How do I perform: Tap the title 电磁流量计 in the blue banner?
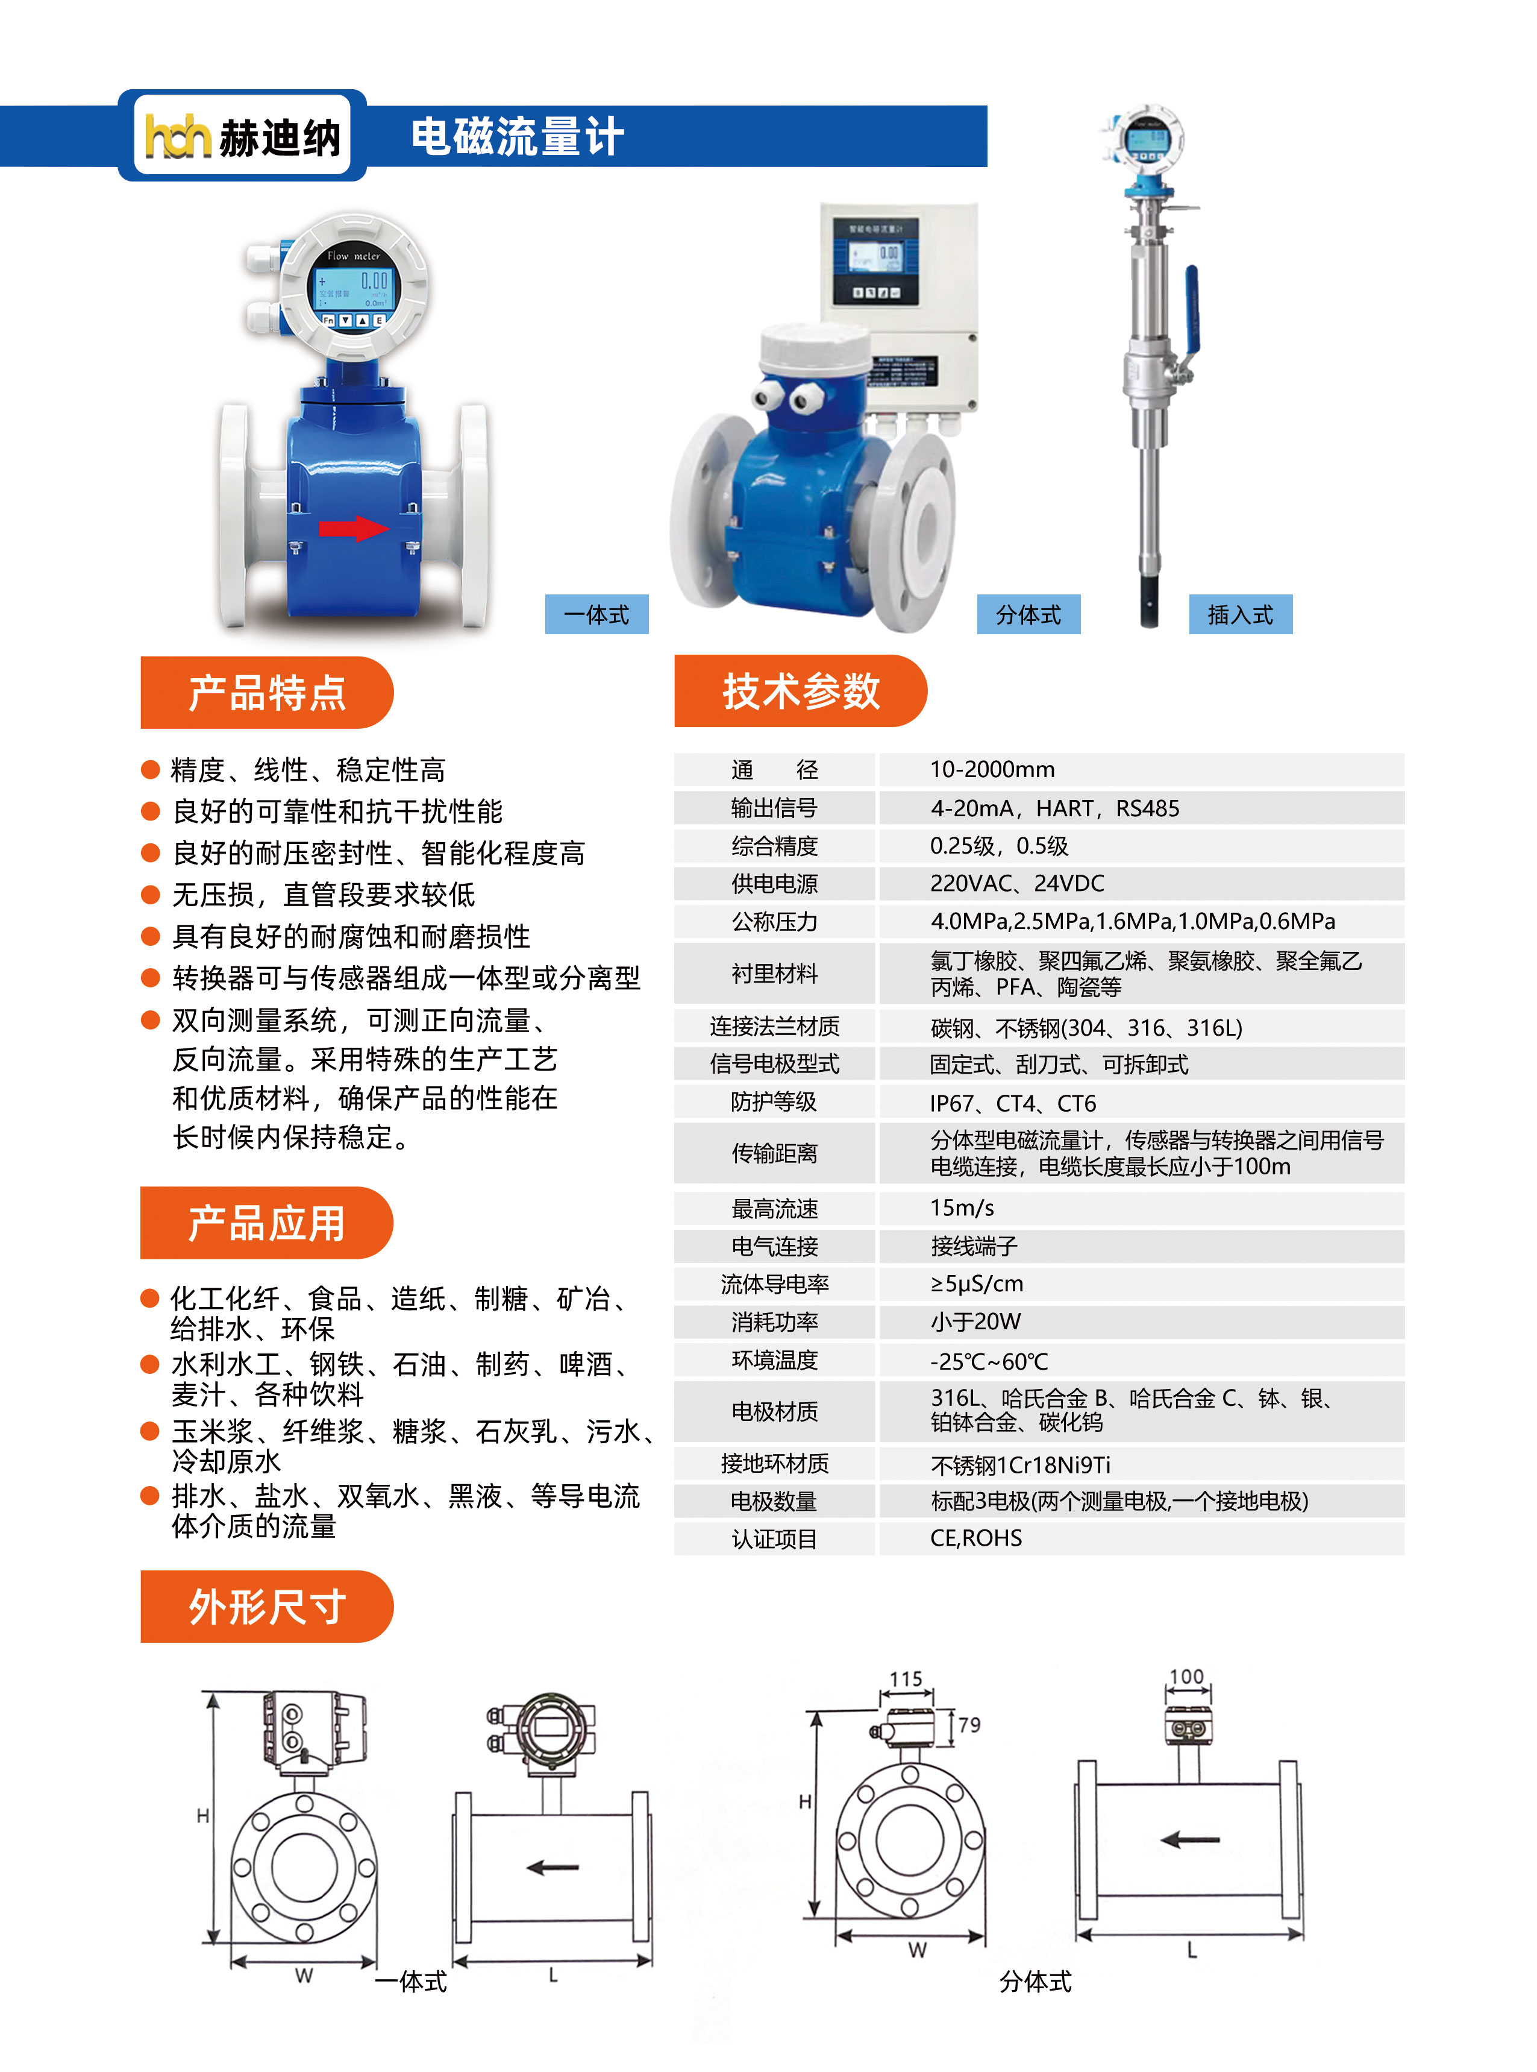click(518, 137)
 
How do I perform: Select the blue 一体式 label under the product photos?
click(596, 614)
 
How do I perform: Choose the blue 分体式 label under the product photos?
click(1028, 614)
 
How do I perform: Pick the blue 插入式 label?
click(1240, 614)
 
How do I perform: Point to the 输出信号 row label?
click(774, 808)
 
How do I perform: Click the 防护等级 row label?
click(774, 1102)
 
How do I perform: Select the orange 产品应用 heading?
click(267, 1222)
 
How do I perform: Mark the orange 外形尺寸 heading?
click(267, 1607)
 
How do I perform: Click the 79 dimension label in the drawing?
click(969, 1725)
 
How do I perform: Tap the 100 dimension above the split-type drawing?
click(1186, 1677)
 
